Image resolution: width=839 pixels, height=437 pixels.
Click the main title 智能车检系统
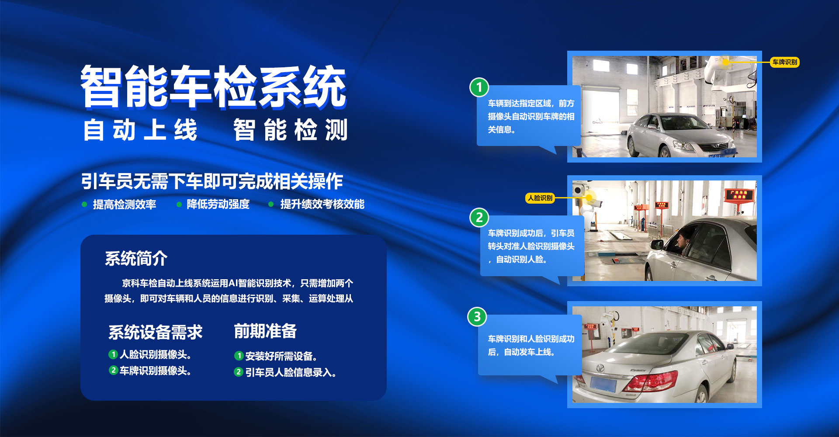coord(214,87)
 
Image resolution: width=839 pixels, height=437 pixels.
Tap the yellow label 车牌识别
coord(785,62)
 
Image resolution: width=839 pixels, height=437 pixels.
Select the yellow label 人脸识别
coord(540,198)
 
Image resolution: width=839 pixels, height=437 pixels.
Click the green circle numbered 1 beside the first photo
coord(479,87)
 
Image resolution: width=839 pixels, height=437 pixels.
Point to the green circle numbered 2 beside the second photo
coord(479,217)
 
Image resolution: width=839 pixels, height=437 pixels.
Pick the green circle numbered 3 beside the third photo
coord(477,316)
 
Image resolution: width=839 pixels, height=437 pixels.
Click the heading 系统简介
coord(136,258)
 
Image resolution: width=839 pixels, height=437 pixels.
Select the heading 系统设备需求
coord(156,332)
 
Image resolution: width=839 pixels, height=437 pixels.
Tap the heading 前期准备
coord(265,331)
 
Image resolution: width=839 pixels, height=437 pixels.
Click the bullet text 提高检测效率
coord(125,205)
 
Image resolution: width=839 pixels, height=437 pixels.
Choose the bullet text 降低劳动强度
coord(218,204)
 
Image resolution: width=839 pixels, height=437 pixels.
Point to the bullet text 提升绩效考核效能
coord(322,204)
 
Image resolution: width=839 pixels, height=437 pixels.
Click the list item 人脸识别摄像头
coord(155,354)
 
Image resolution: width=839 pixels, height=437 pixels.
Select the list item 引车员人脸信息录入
coord(291,372)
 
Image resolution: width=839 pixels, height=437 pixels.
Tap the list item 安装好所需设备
coord(281,356)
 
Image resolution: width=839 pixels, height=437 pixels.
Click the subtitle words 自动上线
coord(140,130)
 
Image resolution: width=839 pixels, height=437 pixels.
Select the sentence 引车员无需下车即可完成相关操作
coord(212,181)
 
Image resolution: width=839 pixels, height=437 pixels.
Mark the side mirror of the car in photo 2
coord(657,244)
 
